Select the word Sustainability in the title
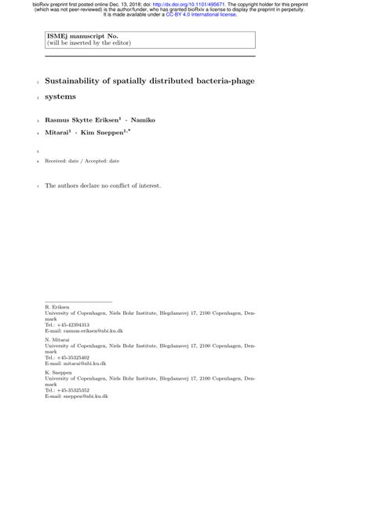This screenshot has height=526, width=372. click(x=82, y=81)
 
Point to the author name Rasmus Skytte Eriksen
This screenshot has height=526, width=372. click(x=82, y=119)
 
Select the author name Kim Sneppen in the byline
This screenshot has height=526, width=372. click(x=111, y=133)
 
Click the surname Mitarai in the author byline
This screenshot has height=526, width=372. click(x=59, y=133)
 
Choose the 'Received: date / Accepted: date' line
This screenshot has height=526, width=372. click(x=82, y=160)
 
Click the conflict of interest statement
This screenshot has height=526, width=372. click(x=103, y=186)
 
